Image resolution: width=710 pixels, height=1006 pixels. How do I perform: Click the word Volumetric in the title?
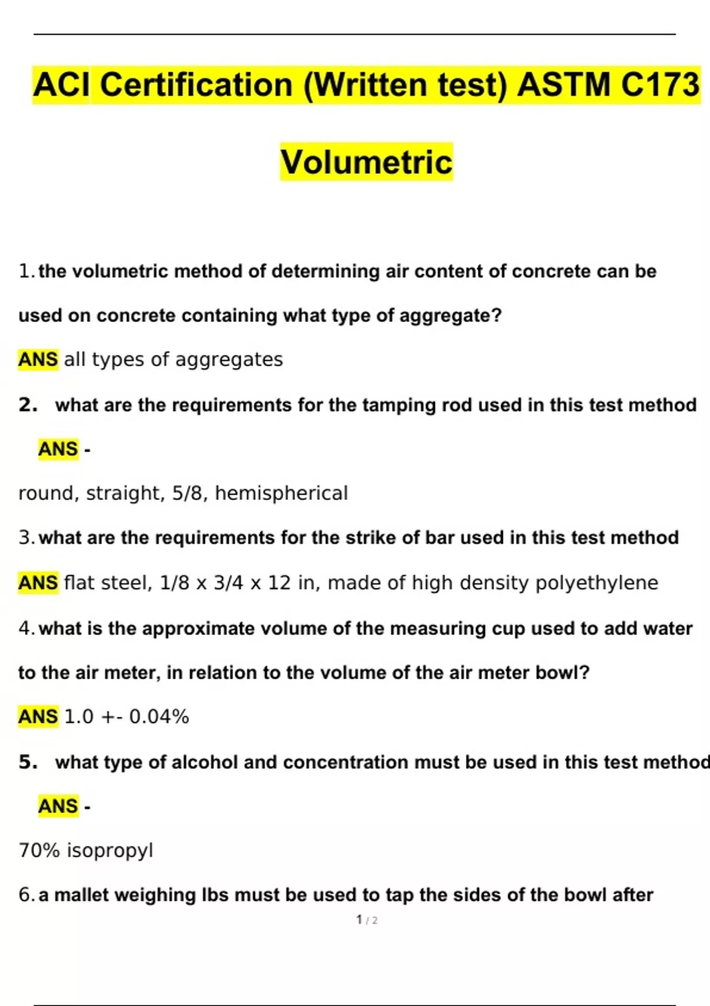click(x=366, y=162)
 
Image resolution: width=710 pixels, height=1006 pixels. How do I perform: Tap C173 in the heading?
click(x=660, y=85)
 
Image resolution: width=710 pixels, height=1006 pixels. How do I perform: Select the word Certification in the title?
click(x=196, y=85)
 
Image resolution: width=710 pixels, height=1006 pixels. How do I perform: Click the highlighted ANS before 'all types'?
click(x=38, y=359)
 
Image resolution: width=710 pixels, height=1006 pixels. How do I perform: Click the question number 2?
click(x=28, y=405)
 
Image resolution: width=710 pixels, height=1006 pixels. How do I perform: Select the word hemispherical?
click(x=281, y=493)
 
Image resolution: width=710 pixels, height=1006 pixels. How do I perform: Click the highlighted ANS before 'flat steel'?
click(x=38, y=583)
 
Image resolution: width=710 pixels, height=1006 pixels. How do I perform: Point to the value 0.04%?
click(x=159, y=717)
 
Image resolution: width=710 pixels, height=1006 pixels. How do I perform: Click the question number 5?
click(x=28, y=762)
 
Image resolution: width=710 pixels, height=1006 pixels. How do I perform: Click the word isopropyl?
click(x=109, y=850)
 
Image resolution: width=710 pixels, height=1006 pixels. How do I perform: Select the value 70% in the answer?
click(x=39, y=850)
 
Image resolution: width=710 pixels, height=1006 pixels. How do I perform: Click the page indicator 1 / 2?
click(x=367, y=920)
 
